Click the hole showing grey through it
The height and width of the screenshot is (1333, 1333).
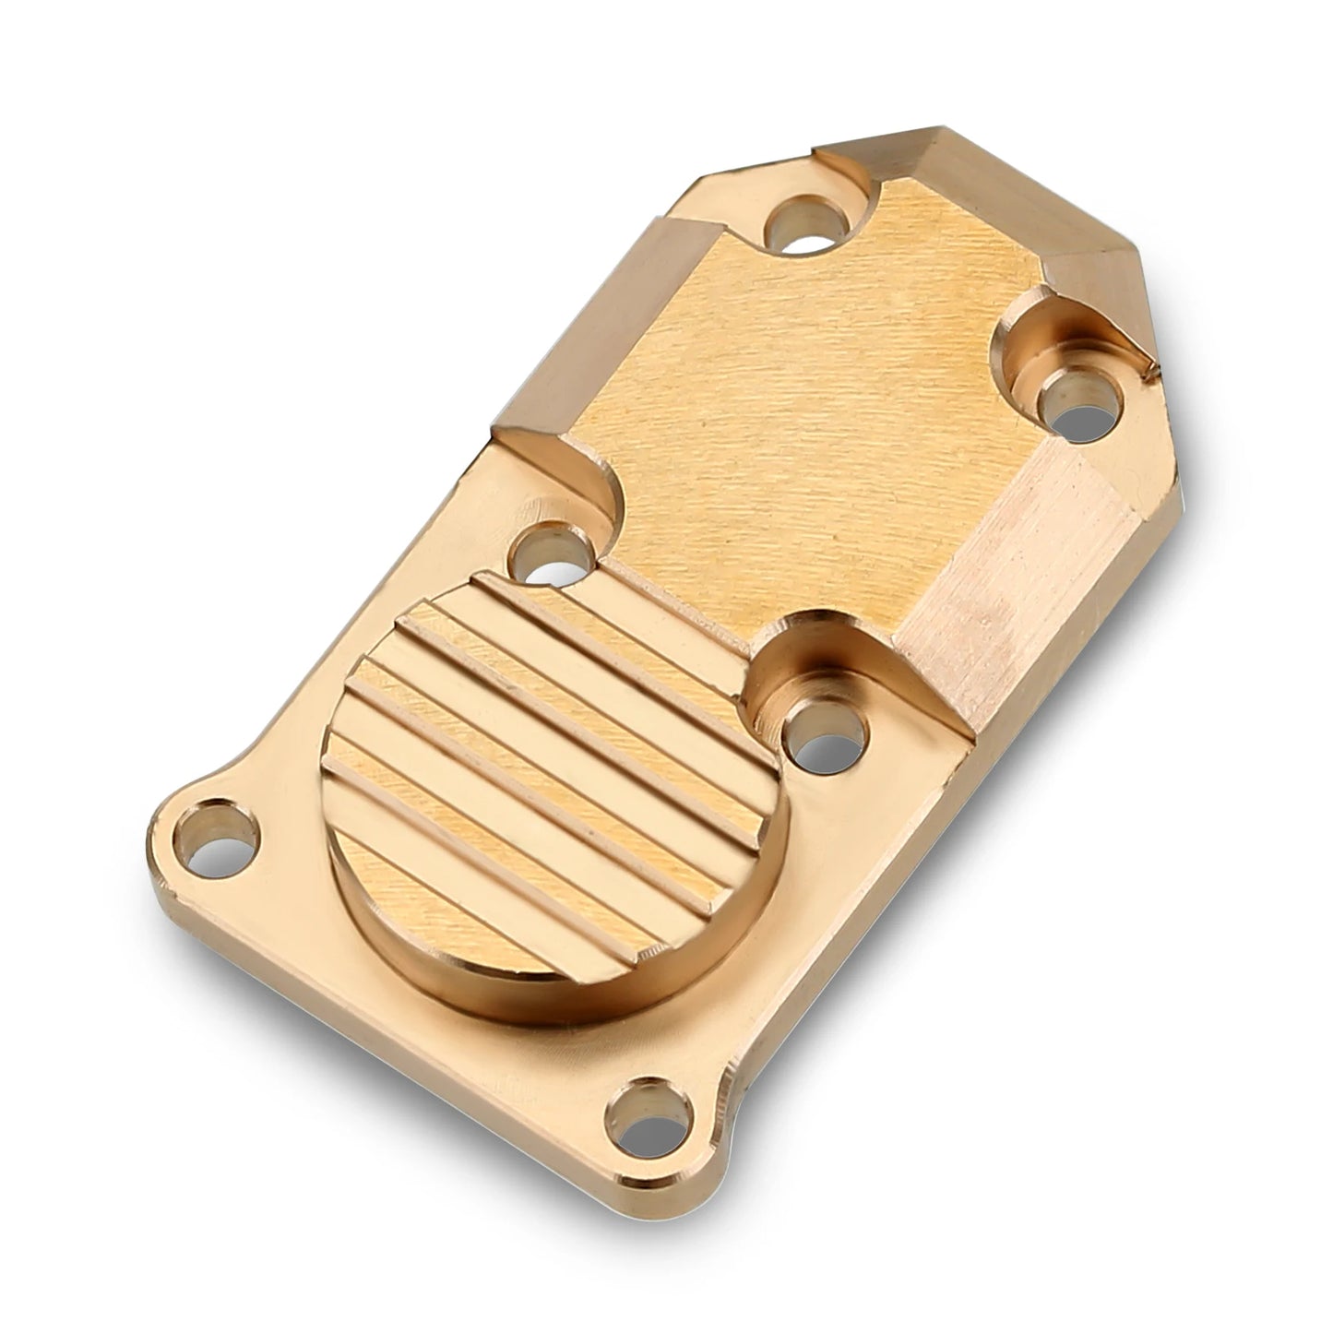[x=1077, y=402]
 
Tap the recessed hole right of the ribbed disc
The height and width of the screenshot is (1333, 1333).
[x=824, y=734]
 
